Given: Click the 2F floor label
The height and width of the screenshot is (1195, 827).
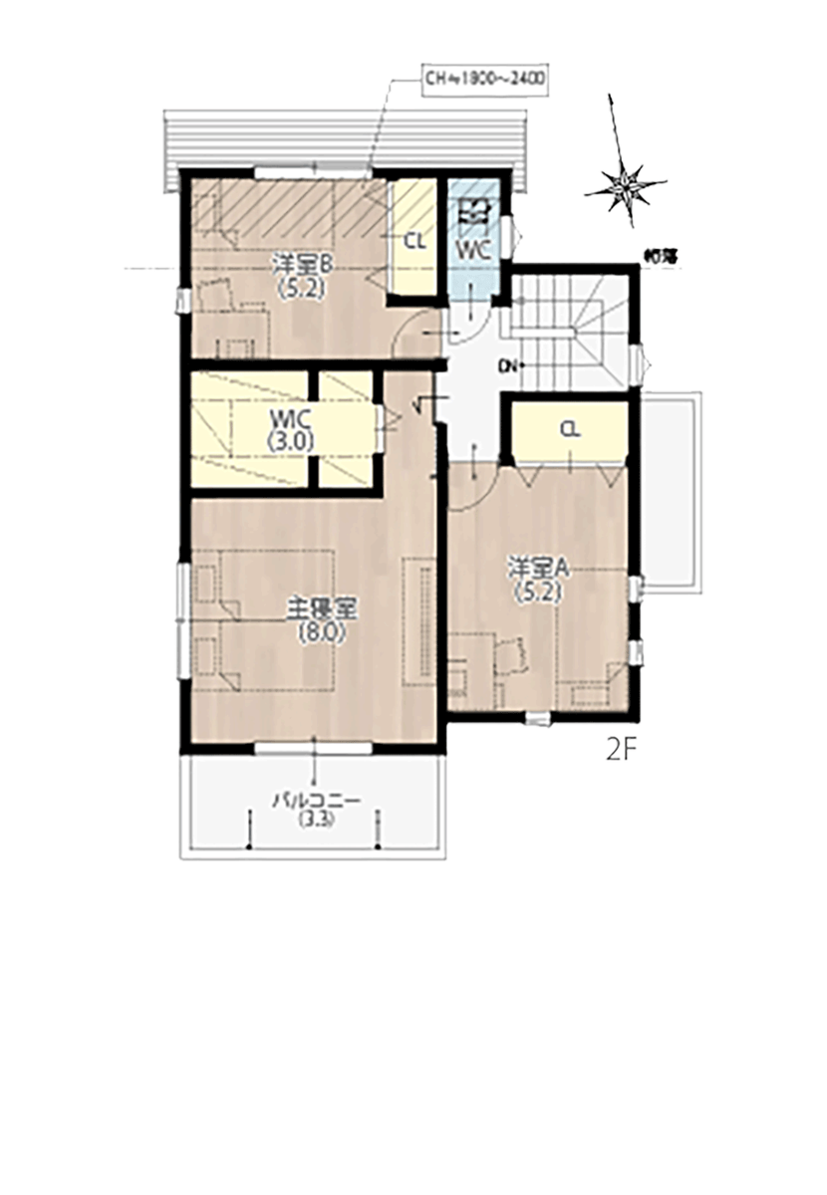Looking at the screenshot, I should click(620, 748).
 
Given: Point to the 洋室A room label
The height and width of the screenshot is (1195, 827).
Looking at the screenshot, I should click(538, 569).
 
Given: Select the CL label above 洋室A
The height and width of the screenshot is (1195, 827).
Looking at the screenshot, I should click(569, 429).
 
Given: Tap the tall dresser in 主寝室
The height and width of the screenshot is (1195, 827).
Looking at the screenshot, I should click(417, 617).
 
